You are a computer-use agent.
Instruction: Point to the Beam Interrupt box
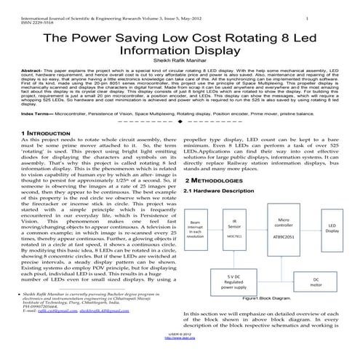(196, 231)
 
